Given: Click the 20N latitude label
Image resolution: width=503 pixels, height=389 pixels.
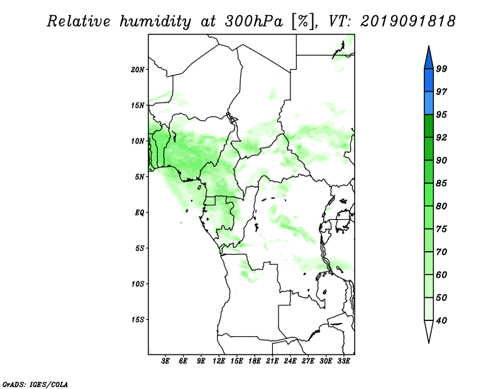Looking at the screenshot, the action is pos(137,70).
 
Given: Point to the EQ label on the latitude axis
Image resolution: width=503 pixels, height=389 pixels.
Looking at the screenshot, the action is pos(140,213).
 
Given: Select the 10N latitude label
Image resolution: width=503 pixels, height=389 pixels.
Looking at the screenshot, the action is pos(137,141).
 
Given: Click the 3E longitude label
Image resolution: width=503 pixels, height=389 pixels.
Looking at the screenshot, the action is pos(165,361).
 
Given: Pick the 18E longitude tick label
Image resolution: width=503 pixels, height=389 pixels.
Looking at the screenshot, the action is pos(255,361).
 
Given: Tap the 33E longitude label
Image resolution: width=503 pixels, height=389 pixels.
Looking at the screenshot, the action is pos(343,361).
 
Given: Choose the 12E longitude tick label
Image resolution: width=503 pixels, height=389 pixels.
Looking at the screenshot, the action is pos(219,361).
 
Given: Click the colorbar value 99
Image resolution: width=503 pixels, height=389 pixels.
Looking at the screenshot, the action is pos(441,69).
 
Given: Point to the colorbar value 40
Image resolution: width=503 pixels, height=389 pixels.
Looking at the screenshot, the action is pos(441,320).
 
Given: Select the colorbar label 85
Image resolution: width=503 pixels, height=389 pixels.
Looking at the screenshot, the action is pos(441,183).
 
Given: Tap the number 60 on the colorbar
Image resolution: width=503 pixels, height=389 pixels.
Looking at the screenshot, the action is pos(441,274).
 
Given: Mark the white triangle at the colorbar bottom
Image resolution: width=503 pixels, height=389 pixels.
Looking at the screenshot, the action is pos(429,330).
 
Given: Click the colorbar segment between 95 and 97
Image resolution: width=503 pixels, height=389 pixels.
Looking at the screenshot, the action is pos(429,103).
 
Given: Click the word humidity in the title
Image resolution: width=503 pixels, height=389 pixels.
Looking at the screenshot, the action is pos(155,22).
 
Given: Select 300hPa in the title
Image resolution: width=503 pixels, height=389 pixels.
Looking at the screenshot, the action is pos(255,21).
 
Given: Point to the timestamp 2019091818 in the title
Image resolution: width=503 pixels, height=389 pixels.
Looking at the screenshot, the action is pos(407,21).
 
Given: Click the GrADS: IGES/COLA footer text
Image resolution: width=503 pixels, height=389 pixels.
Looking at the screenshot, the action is pos(35,385).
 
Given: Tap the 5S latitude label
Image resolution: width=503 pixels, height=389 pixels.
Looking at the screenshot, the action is pos(140,248).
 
